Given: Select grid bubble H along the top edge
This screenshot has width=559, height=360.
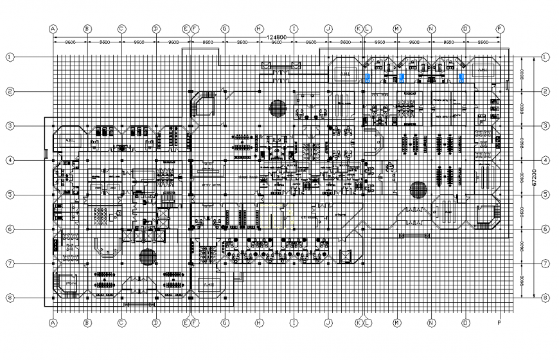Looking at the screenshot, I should pyautogui.click(x=258, y=29).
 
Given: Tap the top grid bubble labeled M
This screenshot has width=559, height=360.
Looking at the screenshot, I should pyautogui.click(x=396, y=29).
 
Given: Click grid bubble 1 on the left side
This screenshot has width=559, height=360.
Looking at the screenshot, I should pyautogui.click(x=10, y=57).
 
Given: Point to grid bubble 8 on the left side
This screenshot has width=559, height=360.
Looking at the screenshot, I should pyautogui.click(x=10, y=298).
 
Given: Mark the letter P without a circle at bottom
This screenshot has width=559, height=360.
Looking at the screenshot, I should pyautogui.click(x=499, y=323).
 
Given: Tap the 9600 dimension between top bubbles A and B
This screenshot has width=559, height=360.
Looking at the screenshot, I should pyautogui.click(x=70, y=42).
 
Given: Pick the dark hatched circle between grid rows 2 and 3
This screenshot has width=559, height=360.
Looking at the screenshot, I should pyautogui.click(x=278, y=107).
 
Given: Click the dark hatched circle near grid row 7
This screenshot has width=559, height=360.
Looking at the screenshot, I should pyautogui.click(x=148, y=256).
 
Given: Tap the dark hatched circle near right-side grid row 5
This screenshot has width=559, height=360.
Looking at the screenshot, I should pyautogui.click(x=418, y=190).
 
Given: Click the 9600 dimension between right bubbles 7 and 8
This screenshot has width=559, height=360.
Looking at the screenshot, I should pyautogui.click(x=523, y=281).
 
